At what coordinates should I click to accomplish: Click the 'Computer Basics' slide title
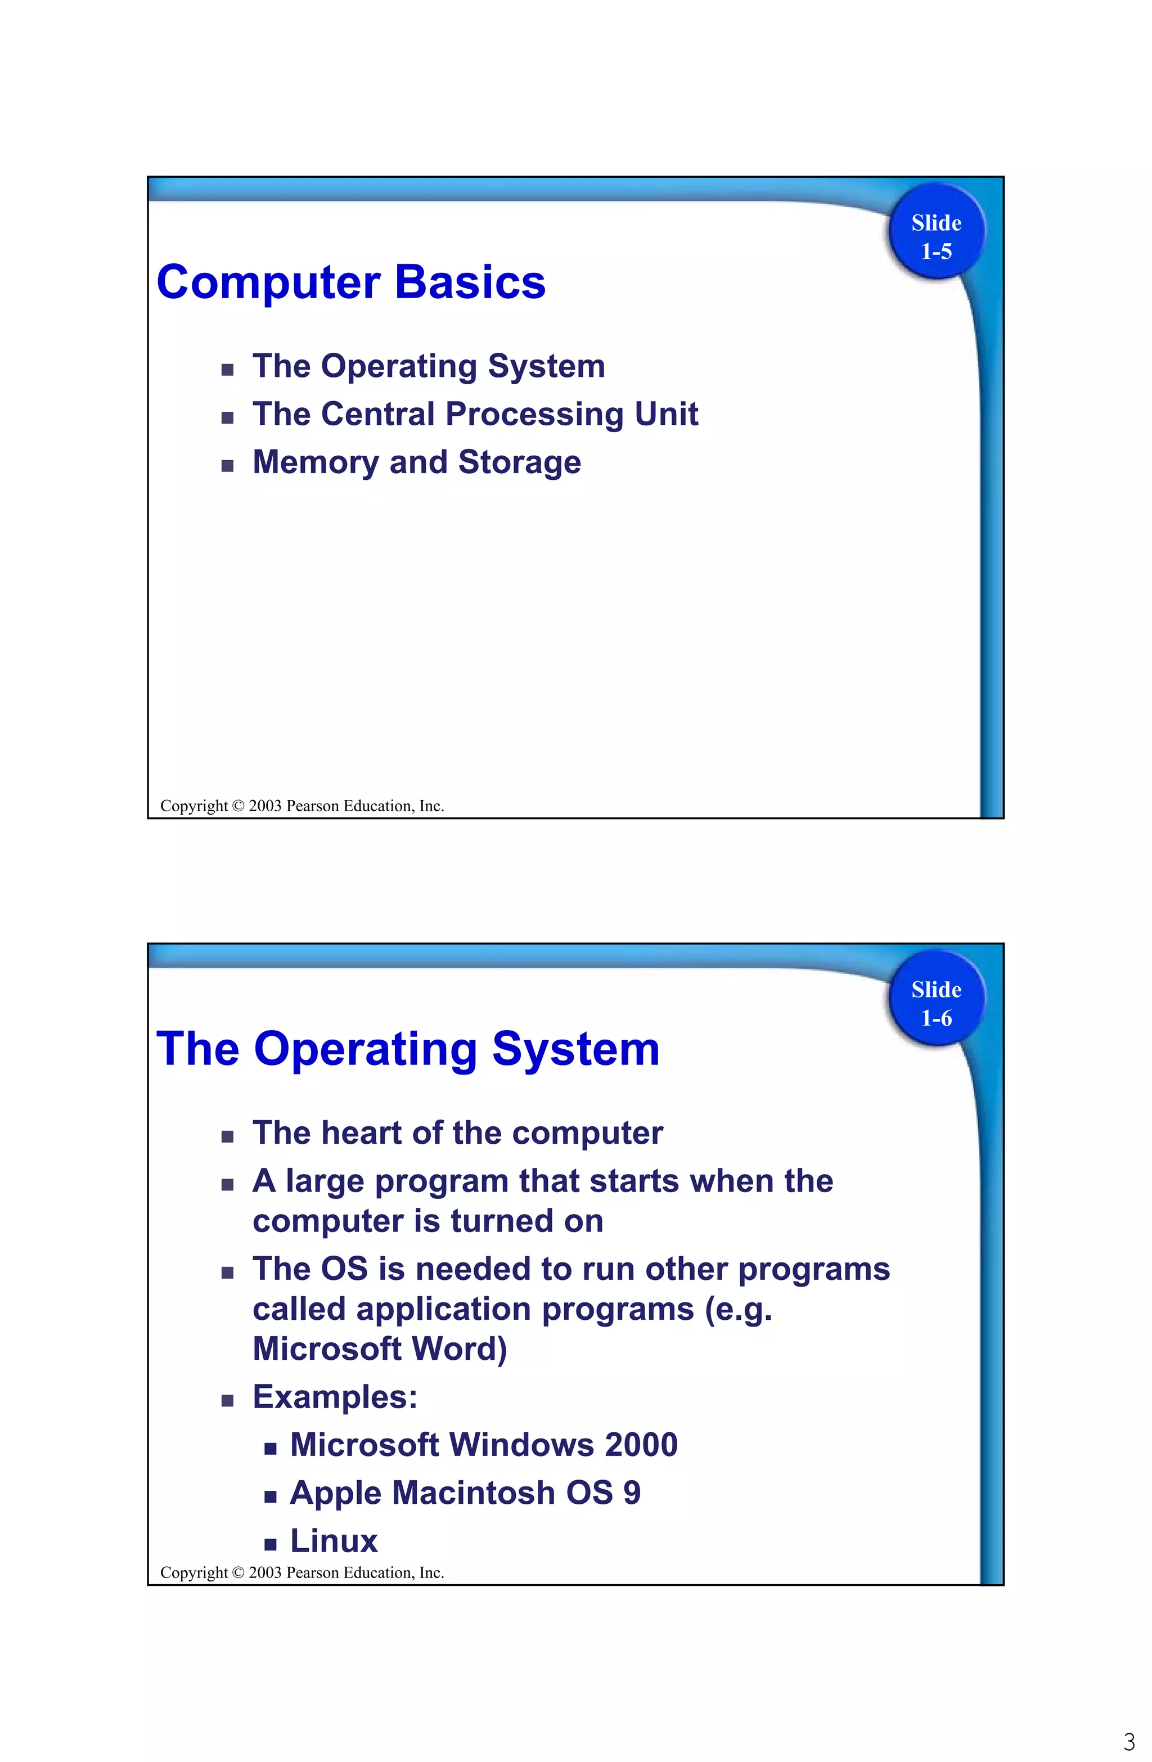(351, 283)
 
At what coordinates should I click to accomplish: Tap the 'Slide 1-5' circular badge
(936, 237)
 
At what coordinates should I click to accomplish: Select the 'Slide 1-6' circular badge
(936, 1003)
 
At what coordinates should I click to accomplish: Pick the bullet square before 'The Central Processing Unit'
(227, 417)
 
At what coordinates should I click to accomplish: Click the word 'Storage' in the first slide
(519, 462)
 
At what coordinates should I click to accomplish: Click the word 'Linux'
(334, 1541)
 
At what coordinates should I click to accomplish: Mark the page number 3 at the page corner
(1129, 1741)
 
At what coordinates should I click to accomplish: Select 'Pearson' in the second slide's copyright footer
(312, 1572)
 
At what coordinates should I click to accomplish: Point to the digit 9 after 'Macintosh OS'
(632, 1493)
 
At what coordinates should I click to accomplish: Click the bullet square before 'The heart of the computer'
(227, 1136)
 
